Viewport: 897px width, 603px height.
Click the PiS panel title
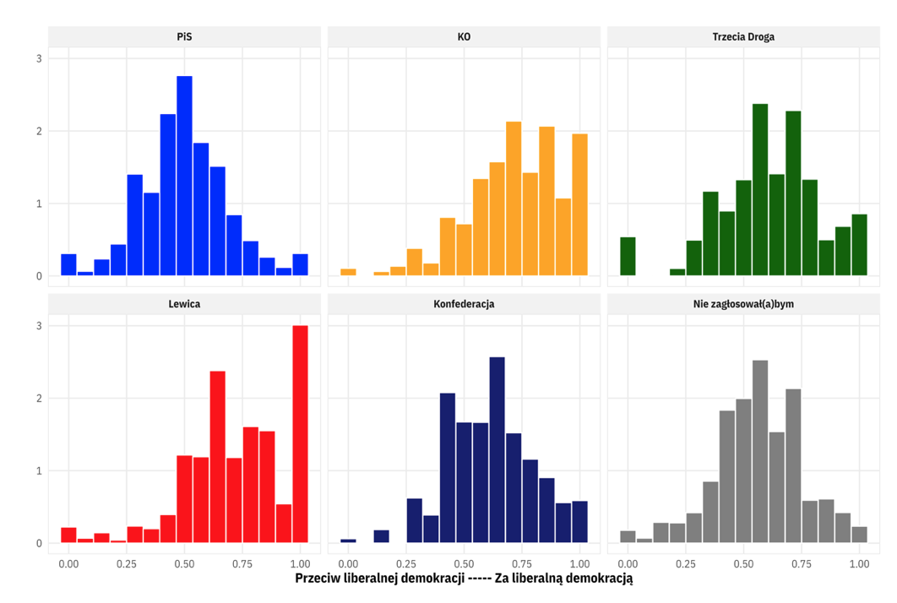tap(184, 37)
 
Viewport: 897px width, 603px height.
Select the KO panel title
tap(464, 37)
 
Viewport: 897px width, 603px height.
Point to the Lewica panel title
tap(184, 304)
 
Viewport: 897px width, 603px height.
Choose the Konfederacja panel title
tap(464, 304)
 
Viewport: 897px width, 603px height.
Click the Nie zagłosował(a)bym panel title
tap(743, 304)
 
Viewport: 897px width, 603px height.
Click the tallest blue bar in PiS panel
tap(184, 177)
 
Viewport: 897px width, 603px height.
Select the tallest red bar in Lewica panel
tap(300, 435)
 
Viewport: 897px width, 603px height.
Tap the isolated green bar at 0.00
tap(628, 257)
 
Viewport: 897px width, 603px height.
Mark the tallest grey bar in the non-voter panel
tap(760, 452)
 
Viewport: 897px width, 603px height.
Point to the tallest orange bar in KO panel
tap(514, 199)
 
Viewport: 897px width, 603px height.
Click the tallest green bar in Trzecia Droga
tap(760, 190)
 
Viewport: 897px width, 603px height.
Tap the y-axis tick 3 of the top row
tap(39, 58)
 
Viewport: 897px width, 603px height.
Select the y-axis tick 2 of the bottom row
tap(39, 399)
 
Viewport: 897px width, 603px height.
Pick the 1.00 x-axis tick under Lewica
tap(300, 562)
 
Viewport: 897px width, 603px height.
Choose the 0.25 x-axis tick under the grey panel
tap(686, 562)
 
